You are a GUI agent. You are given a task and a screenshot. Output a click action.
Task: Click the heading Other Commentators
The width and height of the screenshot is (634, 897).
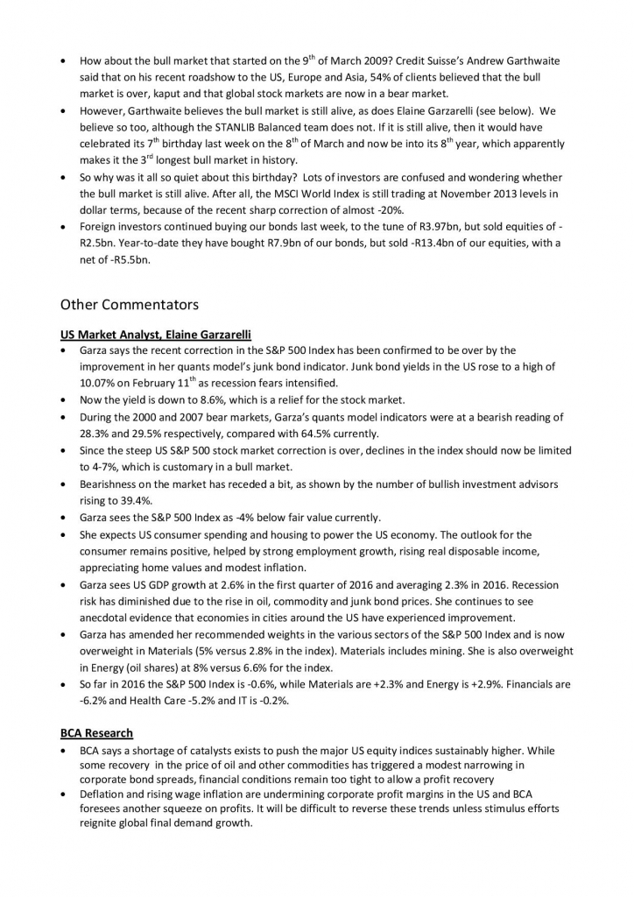coord(129,305)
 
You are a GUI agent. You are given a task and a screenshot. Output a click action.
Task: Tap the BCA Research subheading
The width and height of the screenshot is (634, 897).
coord(96,732)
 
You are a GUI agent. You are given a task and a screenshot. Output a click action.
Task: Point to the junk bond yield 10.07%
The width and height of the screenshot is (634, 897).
coord(98,383)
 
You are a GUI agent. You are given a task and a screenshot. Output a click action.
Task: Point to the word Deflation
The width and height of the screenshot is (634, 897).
coord(103,793)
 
